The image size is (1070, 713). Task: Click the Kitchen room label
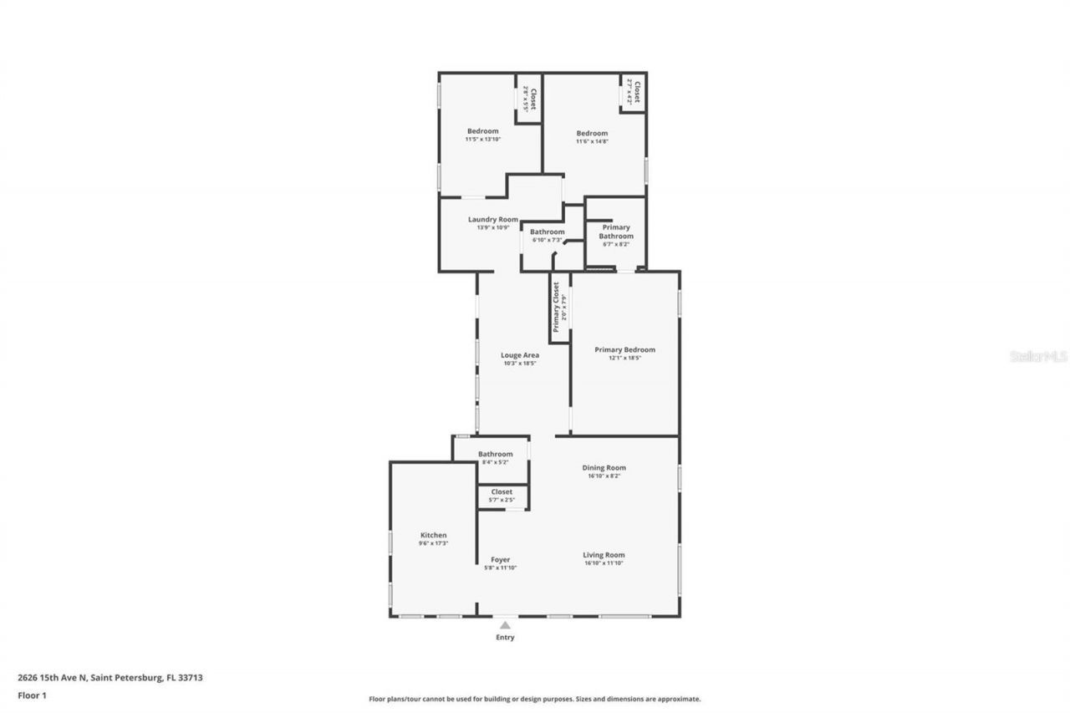pyautogui.click(x=433, y=535)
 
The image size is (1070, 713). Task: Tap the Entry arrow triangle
pyautogui.click(x=505, y=624)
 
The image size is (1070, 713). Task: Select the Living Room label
pyautogui.click(x=604, y=555)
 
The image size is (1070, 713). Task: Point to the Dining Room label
pyautogui.click(x=604, y=468)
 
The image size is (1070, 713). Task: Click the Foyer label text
pyautogui.click(x=500, y=560)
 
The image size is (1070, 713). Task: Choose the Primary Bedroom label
pyautogui.click(x=624, y=349)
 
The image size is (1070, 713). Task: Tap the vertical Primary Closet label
pyautogui.click(x=555, y=307)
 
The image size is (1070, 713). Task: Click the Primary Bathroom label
pyautogui.click(x=615, y=232)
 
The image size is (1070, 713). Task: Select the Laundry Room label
pyautogui.click(x=492, y=219)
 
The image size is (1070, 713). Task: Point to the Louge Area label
pyautogui.click(x=519, y=355)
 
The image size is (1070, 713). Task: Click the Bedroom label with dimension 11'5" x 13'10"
pyautogui.click(x=482, y=131)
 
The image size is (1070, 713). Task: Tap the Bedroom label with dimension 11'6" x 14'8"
pyautogui.click(x=592, y=134)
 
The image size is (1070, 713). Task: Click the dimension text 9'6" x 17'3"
pyautogui.click(x=433, y=544)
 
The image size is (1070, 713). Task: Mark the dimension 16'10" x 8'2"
pyautogui.click(x=604, y=476)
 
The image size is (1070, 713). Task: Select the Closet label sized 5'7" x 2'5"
pyautogui.click(x=502, y=492)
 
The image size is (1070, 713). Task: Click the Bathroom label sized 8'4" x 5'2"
pyautogui.click(x=496, y=454)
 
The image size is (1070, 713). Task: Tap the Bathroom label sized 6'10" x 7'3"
pyautogui.click(x=547, y=232)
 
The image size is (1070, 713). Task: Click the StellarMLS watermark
pyautogui.click(x=1038, y=356)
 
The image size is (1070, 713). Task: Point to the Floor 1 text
pyautogui.click(x=32, y=695)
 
